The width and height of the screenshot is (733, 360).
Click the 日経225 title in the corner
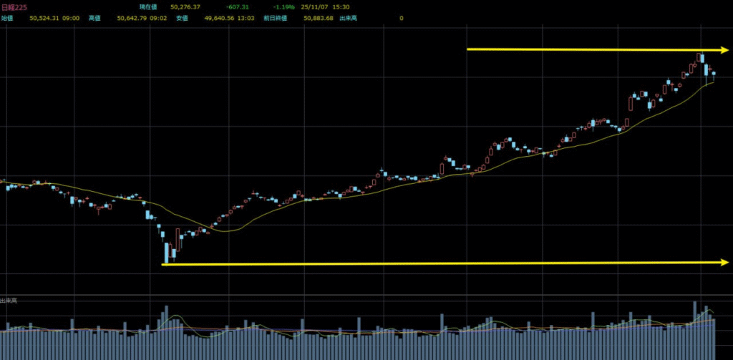point(15,7)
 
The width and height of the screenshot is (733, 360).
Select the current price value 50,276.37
point(184,7)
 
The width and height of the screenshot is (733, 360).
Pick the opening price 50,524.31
point(45,18)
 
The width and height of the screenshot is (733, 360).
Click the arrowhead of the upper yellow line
point(724,50)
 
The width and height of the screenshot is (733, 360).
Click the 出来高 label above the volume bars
point(9,301)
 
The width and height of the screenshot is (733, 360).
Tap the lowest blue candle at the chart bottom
point(167,253)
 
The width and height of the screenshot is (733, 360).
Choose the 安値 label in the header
point(182,18)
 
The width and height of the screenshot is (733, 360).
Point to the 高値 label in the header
point(94,18)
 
